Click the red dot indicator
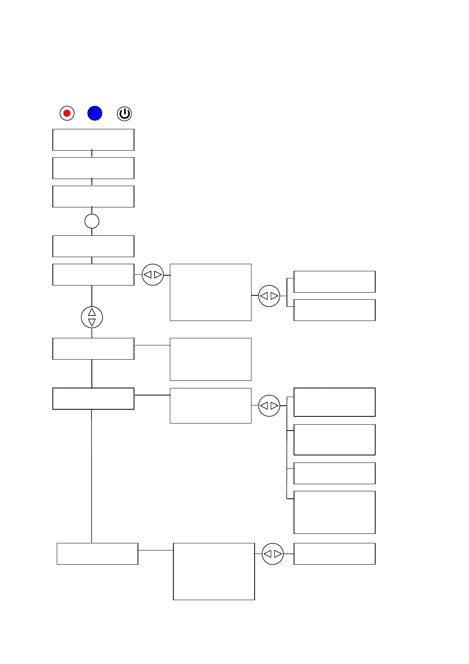coord(67,114)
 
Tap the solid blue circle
coord(95,113)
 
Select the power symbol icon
coord(124,114)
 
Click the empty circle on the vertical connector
coord(92,221)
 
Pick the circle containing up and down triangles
coord(92,317)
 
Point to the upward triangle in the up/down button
coord(92,312)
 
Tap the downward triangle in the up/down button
coord(92,323)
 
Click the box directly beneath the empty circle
coord(93,246)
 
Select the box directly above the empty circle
coord(93,196)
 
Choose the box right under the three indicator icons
coord(93,140)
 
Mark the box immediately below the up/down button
coord(93,349)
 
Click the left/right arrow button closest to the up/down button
coord(153,275)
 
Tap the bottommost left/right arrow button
coord(273,554)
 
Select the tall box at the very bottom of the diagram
coord(214,571)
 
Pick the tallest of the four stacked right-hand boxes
coord(335,512)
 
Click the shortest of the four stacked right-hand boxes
coord(335,473)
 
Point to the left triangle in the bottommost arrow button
coord(268,554)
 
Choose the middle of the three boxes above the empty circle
coord(93,168)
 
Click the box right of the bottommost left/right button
coord(335,554)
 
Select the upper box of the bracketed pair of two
coord(335,282)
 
